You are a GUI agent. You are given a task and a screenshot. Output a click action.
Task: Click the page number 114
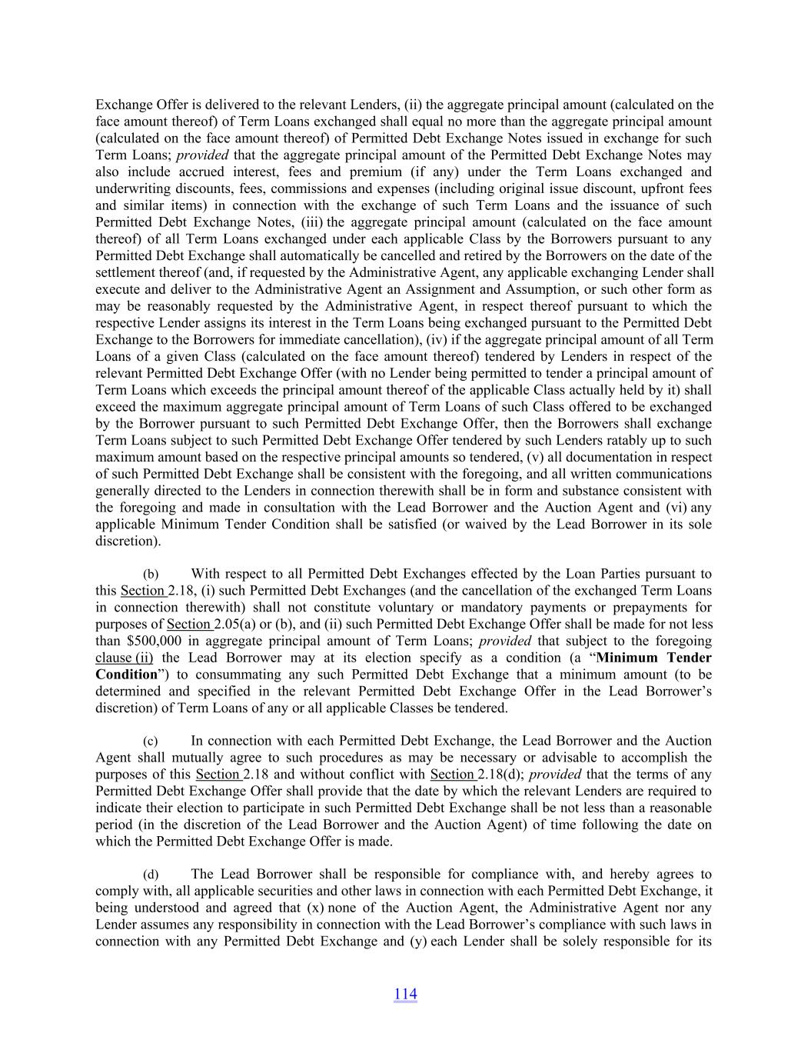405,994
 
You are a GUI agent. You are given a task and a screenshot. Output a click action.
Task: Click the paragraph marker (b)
151,575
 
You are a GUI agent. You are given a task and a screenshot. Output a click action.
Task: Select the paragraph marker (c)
151,742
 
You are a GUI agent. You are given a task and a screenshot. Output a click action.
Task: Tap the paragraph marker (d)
151,875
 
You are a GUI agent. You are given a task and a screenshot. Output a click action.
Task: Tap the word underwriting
130,188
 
